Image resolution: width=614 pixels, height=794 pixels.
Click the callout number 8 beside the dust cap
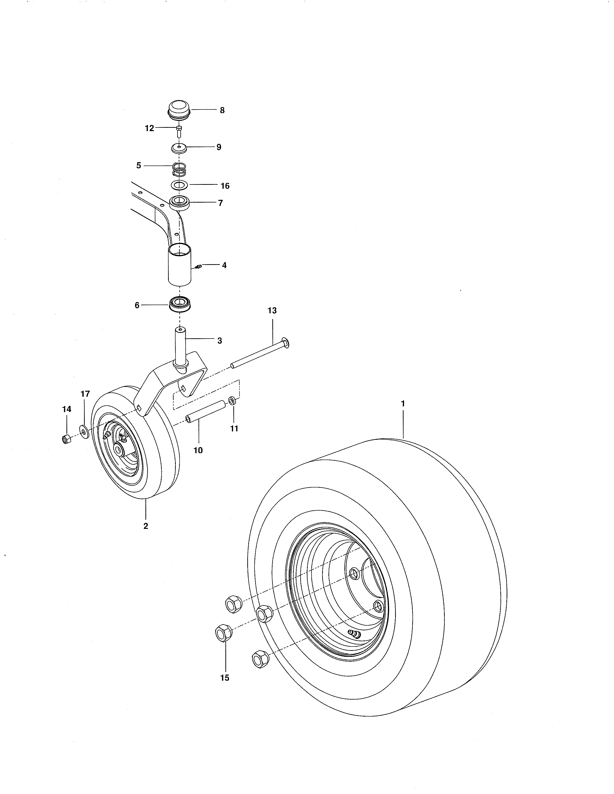222,110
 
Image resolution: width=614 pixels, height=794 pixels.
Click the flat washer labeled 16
179,185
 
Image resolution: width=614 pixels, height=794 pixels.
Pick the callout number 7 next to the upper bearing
220,203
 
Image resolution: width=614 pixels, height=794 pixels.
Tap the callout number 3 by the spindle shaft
220,341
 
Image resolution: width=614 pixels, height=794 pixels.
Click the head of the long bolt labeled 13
286,343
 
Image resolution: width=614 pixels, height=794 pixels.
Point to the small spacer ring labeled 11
232,401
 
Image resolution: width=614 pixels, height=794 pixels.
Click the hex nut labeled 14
66,439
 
